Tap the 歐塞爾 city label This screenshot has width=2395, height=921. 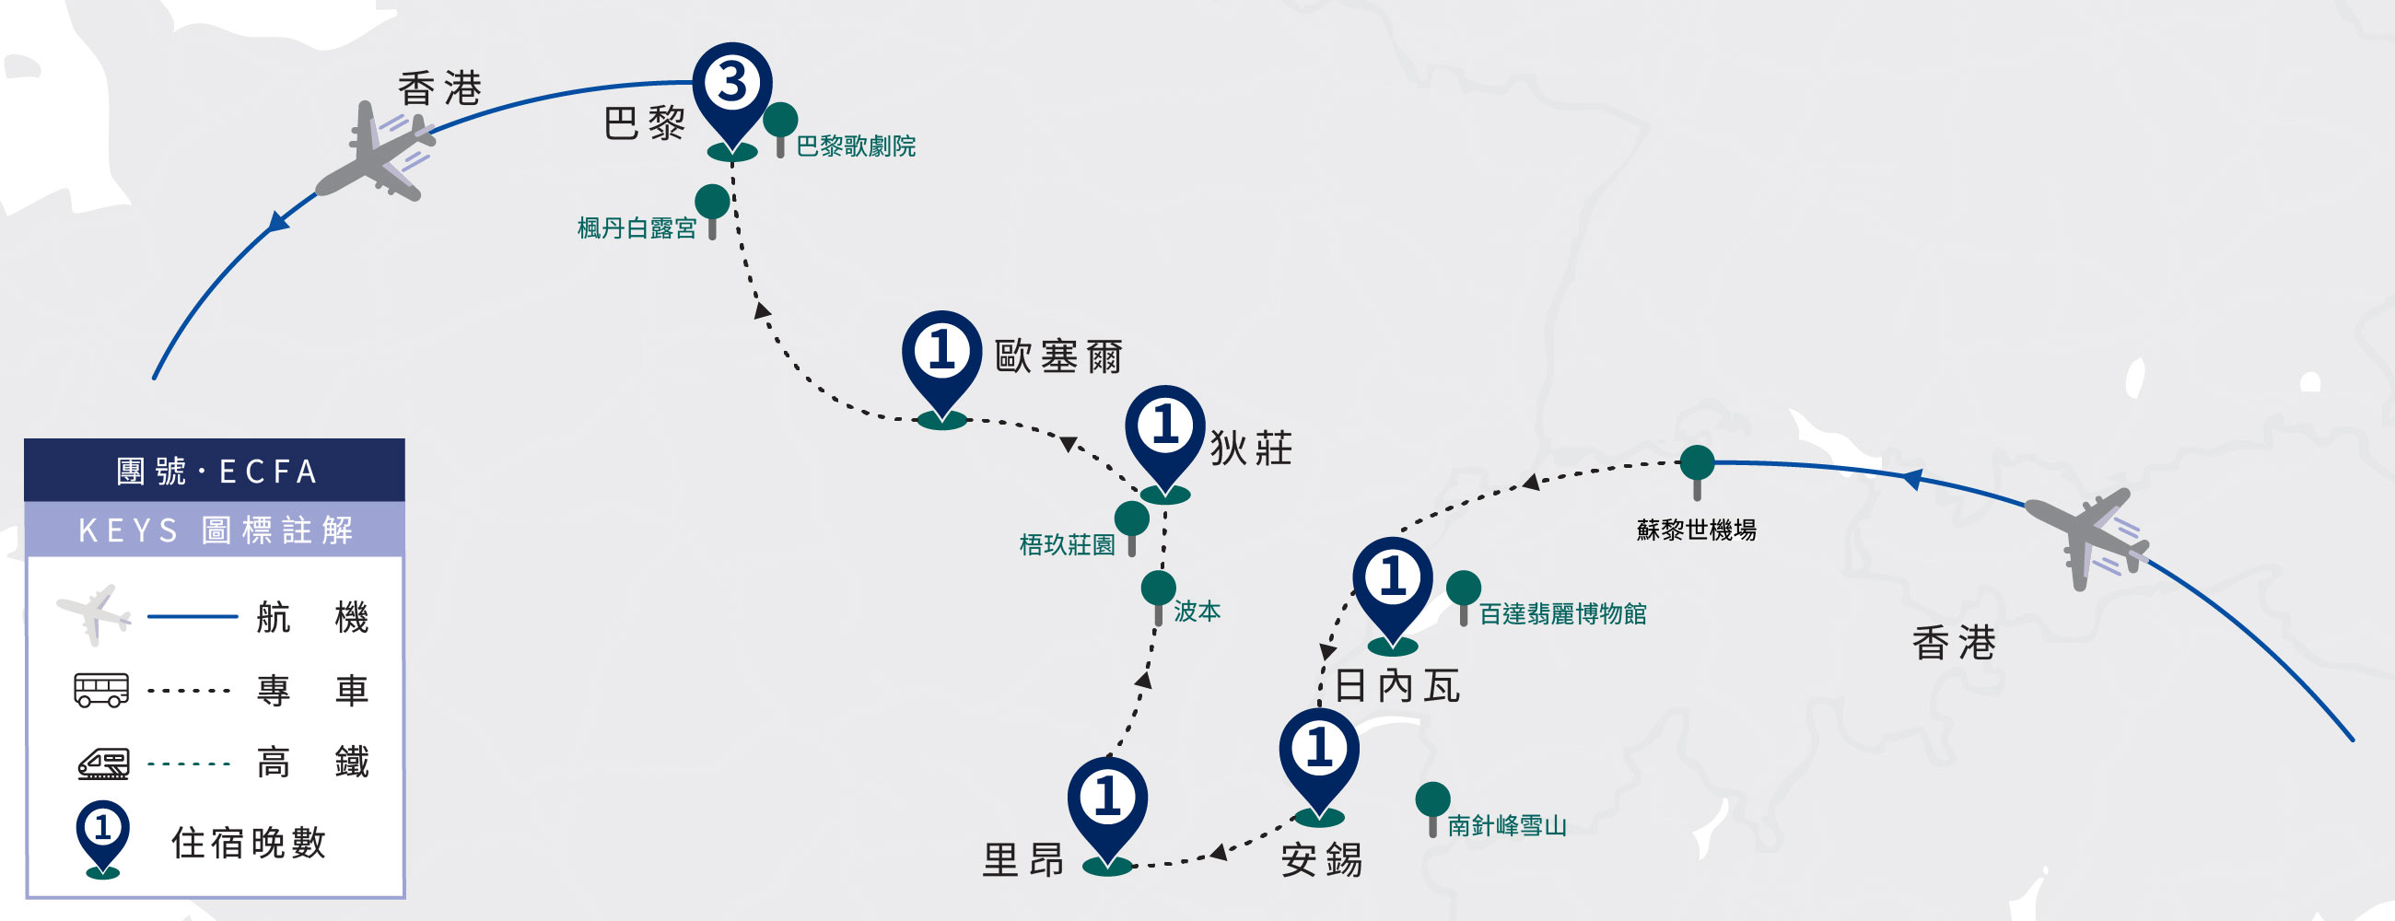(1058, 356)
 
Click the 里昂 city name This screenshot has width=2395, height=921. (1022, 860)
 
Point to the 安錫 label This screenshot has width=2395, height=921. (1321, 860)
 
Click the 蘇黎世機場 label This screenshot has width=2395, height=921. (1696, 530)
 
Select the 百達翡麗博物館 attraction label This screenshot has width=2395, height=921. (1562, 613)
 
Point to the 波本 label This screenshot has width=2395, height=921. (1197, 611)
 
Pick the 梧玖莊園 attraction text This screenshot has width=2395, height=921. (1067, 544)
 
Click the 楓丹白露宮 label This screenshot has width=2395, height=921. (637, 227)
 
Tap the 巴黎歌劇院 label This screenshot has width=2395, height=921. (856, 146)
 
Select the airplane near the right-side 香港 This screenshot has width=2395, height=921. (2087, 537)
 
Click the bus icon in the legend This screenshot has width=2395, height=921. (101, 691)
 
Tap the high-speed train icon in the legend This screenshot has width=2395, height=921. (103, 763)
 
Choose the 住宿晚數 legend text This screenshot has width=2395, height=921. (248, 843)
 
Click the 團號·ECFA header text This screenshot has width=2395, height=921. (216, 472)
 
